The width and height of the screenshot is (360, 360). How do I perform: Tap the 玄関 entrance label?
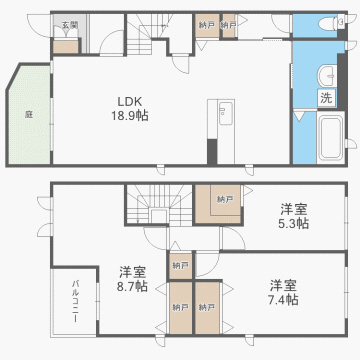coord(67,23)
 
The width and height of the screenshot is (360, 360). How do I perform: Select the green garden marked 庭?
coord(29,114)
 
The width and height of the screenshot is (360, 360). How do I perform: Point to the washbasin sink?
coord(327,78)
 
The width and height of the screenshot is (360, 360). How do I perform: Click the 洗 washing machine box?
coord(327,98)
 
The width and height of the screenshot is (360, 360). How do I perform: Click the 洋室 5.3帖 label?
coord(293,215)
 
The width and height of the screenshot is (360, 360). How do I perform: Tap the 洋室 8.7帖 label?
coord(132,278)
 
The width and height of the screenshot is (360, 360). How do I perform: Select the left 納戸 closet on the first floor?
coord(206,24)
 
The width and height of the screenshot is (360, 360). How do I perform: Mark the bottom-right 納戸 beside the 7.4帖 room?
coord(208,307)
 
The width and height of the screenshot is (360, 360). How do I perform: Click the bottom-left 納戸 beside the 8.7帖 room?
coord(181,307)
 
